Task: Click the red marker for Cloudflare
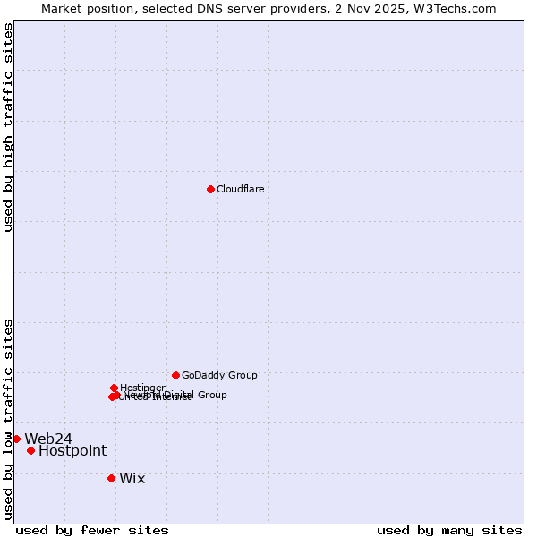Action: tap(210, 189)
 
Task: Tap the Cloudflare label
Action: tap(240, 189)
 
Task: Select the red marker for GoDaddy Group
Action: tap(175, 375)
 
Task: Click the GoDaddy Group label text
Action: tap(219, 375)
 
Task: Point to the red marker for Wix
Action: tap(111, 478)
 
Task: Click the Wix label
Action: tap(132, 478)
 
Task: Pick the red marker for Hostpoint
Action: tap(30, 450)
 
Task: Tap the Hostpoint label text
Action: tap(72, 451)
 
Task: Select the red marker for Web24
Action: tap(16, 439)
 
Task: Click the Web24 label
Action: tap(48, 439)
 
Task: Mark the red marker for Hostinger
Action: tap(114, 388)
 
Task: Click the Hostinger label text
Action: tap(142, 388)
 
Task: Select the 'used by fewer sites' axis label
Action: tap(92, 531)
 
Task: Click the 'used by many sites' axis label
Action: tap(449, 531)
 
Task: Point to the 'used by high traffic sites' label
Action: tap(8, 126)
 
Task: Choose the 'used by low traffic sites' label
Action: tap(8, 418)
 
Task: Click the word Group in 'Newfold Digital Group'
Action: tap(211, 395)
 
